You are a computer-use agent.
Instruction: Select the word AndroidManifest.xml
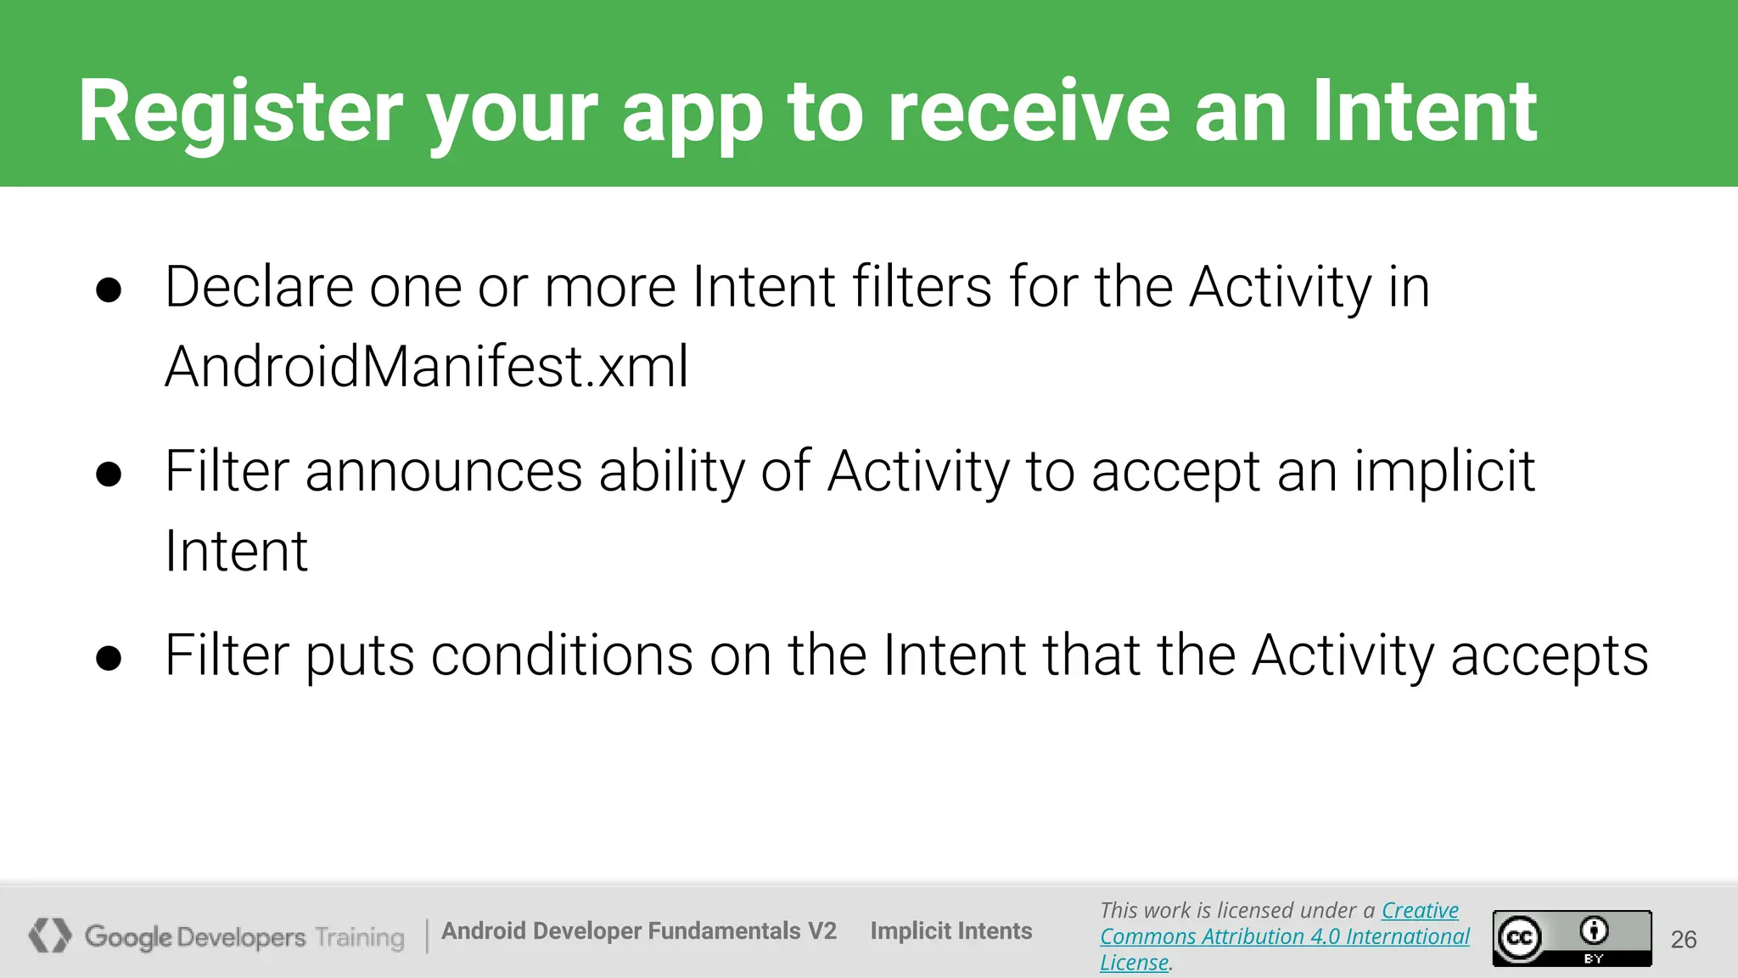pyautogui.click(x=426, y=367)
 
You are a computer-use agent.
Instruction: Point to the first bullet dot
pyautogui.click(x=109, y=290)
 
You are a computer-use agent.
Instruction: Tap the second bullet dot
pyautogui.click(x=109, y=474)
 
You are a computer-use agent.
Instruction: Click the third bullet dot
pyautogui.click(x=109, y=658)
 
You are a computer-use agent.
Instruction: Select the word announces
pyautogui.click(x=443, y=472)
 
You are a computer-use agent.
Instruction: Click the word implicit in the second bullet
pyautogui.click(x=1444, y=472)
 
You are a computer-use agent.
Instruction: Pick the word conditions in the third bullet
pyautogui.click(x=562, y=655)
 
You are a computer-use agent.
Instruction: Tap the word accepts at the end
pyautogui.click(x=1550, y=657)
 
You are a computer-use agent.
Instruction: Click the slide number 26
pyautogui.click(x=1684, y=939)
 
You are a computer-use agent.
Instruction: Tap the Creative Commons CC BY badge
pyautogui.click(x=1572, y=937)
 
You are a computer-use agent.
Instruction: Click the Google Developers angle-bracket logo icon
pyautogui.click(x=50, y=936)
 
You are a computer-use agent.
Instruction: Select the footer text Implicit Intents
pyautogui.click(x=950, y=931)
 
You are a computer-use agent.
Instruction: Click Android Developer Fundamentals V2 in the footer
pyautogui.click(x=638, y=931)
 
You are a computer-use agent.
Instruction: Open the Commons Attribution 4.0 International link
pyautogui.click(x=1284, y=936)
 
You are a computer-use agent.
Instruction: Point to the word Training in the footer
pyautogui.click(x=360, y=937)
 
